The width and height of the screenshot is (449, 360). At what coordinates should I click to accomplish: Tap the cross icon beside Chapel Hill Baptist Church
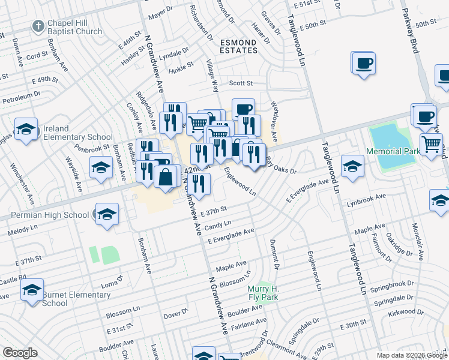pos(38,26)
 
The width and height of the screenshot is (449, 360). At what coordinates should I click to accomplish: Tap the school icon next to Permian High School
pos(106,214)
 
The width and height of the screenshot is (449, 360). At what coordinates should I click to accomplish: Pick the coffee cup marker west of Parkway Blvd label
pos(364,62)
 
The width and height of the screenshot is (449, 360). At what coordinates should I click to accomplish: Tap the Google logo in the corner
pos(20,353)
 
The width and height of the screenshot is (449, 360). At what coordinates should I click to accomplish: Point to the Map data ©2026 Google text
pos(411,355)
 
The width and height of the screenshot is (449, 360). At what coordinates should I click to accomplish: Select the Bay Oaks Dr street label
pos(282,166)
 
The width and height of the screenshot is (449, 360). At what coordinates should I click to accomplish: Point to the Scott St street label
pos(241,83)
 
